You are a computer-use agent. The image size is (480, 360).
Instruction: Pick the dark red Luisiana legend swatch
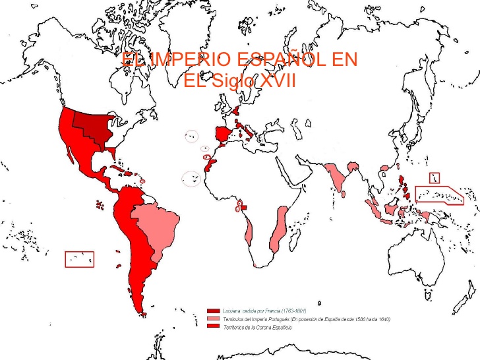coord(213,310)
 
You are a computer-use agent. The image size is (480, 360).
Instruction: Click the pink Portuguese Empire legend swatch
coord(213,318)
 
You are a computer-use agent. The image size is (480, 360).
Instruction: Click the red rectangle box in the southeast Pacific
coord(79,259)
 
